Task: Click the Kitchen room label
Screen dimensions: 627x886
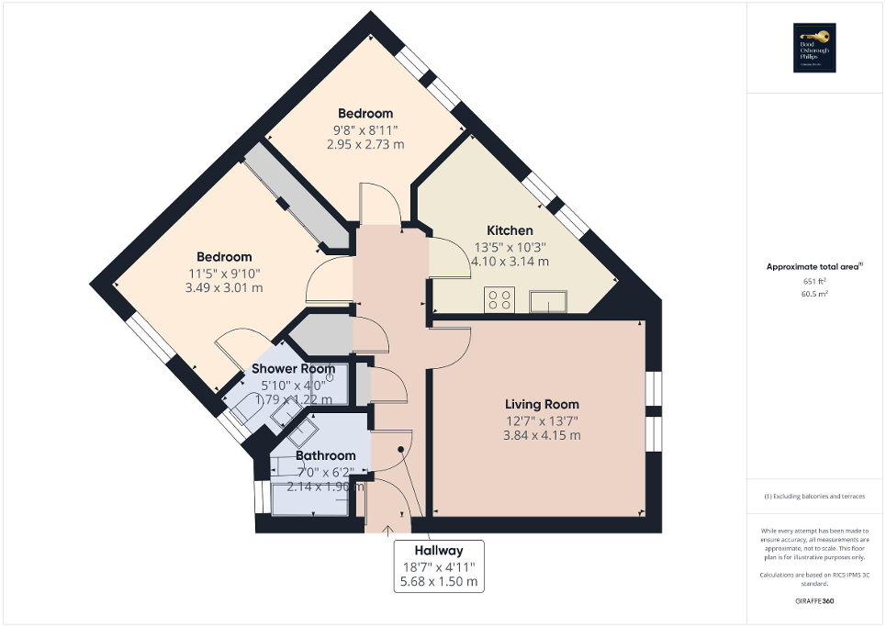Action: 510,230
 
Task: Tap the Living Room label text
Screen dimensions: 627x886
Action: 542,404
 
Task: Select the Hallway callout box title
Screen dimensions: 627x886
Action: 438,550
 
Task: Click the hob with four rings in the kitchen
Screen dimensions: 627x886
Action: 500,299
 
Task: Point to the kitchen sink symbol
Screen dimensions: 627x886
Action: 548,300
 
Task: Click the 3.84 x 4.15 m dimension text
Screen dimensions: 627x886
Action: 542,435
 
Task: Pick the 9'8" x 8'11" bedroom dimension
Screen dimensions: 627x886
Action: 364,129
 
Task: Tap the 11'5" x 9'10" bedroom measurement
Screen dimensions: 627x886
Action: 224,273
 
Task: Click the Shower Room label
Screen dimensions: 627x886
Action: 293,369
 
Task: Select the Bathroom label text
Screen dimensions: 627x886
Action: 325,455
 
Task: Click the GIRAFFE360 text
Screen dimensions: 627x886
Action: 814,601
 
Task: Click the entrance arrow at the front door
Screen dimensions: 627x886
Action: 387,529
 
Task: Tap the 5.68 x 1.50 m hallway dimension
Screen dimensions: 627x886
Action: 438,582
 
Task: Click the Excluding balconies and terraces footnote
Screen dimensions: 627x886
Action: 814,497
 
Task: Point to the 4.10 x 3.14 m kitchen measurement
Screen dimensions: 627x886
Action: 510,261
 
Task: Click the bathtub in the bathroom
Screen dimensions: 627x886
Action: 312,498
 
